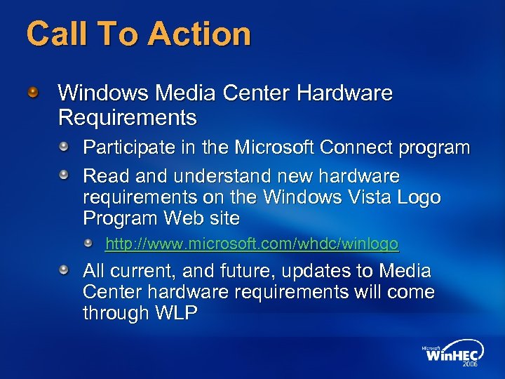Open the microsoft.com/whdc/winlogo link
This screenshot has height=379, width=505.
click(x=252, y=244)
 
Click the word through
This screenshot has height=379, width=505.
click(x=115, y=314)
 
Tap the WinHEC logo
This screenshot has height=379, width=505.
click(x=450, y=355)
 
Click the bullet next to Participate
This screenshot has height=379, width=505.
click(x=64, y=147)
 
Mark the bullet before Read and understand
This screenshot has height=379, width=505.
click(x=64, y=174)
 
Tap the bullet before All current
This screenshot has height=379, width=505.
click(x=64, y=270)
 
